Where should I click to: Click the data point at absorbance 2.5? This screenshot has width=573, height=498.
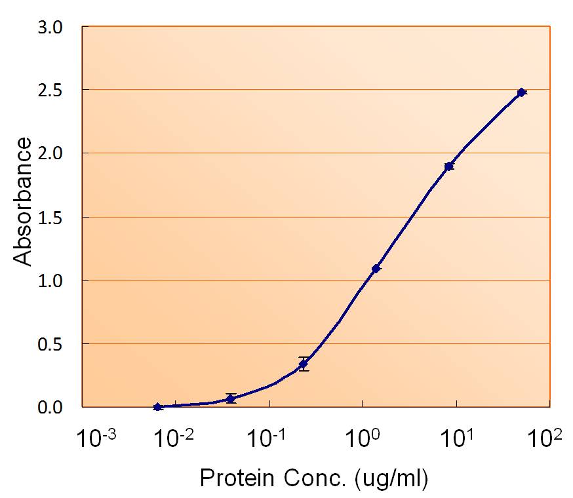(x=521, y=92)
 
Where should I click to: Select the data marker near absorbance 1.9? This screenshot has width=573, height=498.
(x=449, y=166)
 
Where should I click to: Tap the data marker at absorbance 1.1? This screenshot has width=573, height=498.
(x=376, y=269)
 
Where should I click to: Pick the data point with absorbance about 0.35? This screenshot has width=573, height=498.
(x=303, y=364)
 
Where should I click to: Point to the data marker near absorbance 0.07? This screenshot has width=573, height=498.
(x=230, y=398)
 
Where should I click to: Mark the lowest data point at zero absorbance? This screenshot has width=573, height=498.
(x=157, y=407)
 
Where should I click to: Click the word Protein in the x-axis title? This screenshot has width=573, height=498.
(x=234, y=479)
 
